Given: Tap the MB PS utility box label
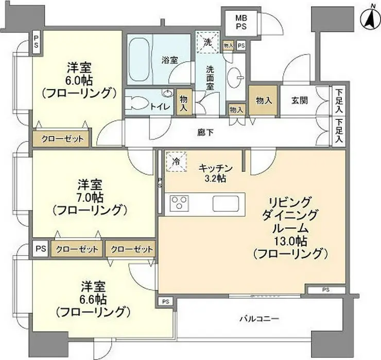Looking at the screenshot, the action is [241, 22].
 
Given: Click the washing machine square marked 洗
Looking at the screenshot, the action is [207, 42].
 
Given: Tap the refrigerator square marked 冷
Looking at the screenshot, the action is [177, 161].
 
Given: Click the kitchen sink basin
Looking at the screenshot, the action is [226, 204].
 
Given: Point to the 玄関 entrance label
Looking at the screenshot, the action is [300, 100].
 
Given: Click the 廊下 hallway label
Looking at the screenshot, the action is [205, 133].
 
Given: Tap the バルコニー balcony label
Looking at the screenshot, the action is [259, 318].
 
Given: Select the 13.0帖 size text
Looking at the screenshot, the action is [290, 241].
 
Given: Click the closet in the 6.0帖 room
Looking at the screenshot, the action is [61, 139].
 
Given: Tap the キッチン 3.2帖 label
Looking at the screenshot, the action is [216, 173].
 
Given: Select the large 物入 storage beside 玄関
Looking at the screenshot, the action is [263, 100].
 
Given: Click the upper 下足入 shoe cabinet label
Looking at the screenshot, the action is [339, 101].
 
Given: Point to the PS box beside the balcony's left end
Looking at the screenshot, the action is [166, 302].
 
